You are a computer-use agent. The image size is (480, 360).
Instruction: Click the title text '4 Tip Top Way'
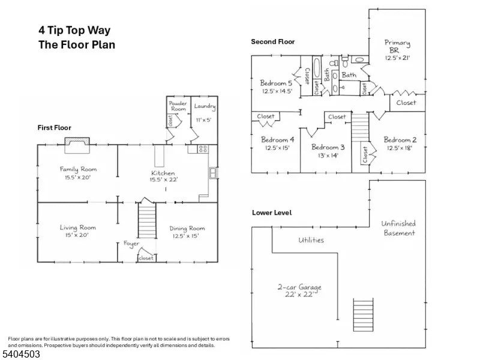point(74,31)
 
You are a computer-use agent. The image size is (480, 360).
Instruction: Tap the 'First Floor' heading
point(54,128)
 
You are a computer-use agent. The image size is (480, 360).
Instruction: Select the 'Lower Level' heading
point(272,213)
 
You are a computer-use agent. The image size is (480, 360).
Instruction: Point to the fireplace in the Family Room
point(77,145)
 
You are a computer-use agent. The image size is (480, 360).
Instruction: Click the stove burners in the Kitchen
point(203,149)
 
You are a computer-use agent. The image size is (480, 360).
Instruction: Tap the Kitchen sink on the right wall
point(213,173)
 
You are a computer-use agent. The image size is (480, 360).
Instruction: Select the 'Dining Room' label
point(187,229)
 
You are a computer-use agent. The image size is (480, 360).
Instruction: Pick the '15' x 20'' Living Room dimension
point(77,235)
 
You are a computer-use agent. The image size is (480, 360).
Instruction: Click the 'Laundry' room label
point(205,106)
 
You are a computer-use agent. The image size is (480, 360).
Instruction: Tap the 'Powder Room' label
point(178,106)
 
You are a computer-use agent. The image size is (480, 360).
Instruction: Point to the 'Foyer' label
point(131,244)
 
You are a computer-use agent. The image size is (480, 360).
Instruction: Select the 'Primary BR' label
point(397,46)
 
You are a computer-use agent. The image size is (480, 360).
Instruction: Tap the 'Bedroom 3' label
point(328,147)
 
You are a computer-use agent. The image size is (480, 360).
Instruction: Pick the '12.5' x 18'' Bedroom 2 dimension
point(400,148)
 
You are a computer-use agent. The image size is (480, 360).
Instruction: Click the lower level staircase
point(364,314)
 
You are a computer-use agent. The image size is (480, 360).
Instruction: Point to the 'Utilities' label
point(311,240)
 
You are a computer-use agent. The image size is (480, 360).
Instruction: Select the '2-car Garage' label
point(299,287)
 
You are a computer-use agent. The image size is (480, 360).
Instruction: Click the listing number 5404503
point(20,355)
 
